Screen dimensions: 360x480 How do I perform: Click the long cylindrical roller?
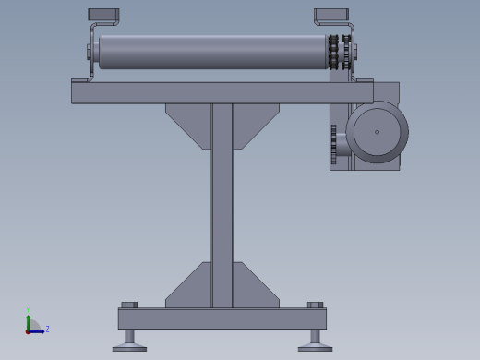coord(212,52)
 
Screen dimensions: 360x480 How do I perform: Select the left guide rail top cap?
coord(103,15)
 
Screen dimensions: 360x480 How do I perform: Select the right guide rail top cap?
coord(330,16)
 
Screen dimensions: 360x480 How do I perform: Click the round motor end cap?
coord(378,132)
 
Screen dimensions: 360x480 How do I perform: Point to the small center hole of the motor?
coord(377,132)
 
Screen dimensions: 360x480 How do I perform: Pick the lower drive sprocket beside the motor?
coord(333,145)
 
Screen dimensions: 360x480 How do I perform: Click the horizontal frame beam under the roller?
coord(222,92)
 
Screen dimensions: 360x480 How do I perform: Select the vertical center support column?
coord(222,203)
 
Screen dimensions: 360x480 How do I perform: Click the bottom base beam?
coord(222,318)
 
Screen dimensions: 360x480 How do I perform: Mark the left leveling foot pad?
coord(129,348)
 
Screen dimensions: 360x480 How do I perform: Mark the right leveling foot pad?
coord(315,348)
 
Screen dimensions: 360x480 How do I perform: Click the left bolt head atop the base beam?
coord(129,305)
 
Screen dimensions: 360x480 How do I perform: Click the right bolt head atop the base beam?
coord(315,305)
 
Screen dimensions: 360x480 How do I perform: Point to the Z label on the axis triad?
coord(47,329)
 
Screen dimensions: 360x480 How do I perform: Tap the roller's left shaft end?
coord(91,52)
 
